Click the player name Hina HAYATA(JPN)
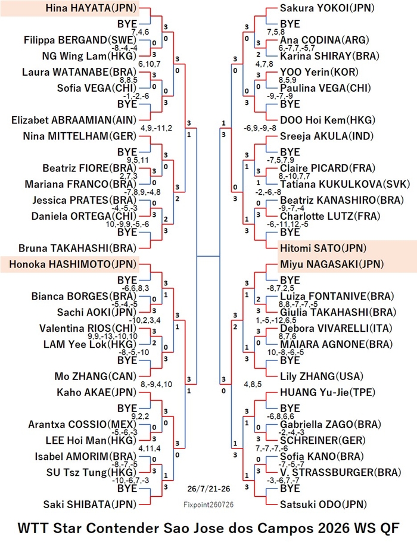[91, 8]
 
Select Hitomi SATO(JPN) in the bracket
[323, 248]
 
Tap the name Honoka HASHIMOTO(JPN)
[73, 264]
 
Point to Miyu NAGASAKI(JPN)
[332, 264]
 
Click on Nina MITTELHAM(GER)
[80, 136]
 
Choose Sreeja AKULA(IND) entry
[326, 136]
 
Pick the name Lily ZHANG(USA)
[322, 376]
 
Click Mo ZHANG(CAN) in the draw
[95, 376]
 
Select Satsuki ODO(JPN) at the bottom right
[323, 504]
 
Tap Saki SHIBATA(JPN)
[90, 504]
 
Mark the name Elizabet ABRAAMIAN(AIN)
[74, 120]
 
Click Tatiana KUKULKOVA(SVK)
[345, 184]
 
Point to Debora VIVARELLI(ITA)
[336, 328]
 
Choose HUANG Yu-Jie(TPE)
[328, 392]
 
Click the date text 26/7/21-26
[208, 488]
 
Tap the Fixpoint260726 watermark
[208, 504]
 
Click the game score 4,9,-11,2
[156, 128]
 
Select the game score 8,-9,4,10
[156, 384]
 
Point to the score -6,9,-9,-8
[260, 128]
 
